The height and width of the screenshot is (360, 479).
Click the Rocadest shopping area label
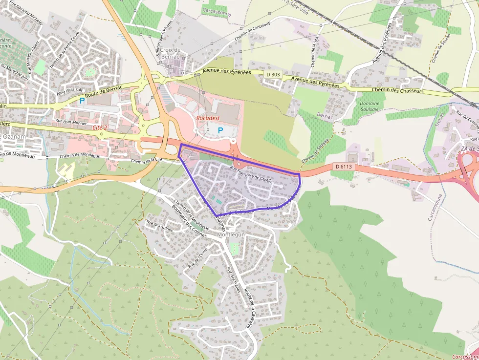208,118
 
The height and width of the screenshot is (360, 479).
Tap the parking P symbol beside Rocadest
220,130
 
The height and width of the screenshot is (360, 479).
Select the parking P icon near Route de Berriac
82,101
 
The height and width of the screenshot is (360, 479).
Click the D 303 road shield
274,74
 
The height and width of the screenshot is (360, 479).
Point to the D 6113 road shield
344,167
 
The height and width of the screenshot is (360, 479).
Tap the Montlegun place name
231,234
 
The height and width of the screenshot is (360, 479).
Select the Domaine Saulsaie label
369,107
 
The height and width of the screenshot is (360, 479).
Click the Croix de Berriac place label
171,53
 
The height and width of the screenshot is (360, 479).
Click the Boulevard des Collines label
189,220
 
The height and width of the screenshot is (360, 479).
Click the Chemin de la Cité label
146,160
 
